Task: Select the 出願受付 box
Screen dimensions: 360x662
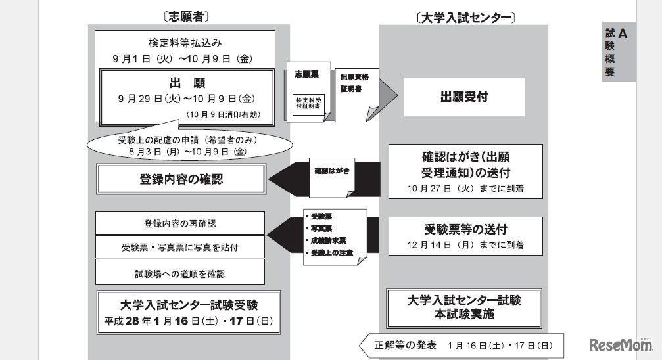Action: coord(463,97)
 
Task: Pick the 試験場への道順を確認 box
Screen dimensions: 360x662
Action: coord(180,272)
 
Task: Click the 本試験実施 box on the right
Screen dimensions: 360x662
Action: coord(463,307)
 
